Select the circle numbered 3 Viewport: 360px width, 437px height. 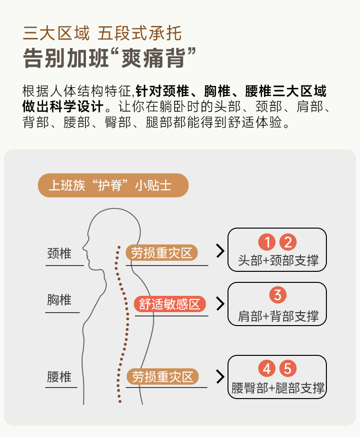click(277, 294)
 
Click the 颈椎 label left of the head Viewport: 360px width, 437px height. click(60, 254)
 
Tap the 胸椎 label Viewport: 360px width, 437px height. click(60, 300)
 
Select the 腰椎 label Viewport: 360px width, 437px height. click(60, 376)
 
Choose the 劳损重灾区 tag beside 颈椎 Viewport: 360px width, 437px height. click(162, 253)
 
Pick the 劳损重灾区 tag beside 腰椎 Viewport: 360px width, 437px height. click(163, 376)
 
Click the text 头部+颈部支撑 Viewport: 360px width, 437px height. click(278, 261)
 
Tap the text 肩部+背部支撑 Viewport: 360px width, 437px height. click(278, 316)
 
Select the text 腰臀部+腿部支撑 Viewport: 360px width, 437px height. click(278, 388)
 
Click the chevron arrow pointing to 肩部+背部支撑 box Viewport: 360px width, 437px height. click(220, 303)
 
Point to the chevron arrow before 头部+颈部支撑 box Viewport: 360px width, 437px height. click(220, 251)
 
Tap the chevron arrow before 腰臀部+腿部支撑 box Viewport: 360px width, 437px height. click(220, 376)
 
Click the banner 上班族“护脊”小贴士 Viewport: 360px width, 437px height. click(113, 185)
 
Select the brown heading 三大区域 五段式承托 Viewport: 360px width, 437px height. click(102, 34)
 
